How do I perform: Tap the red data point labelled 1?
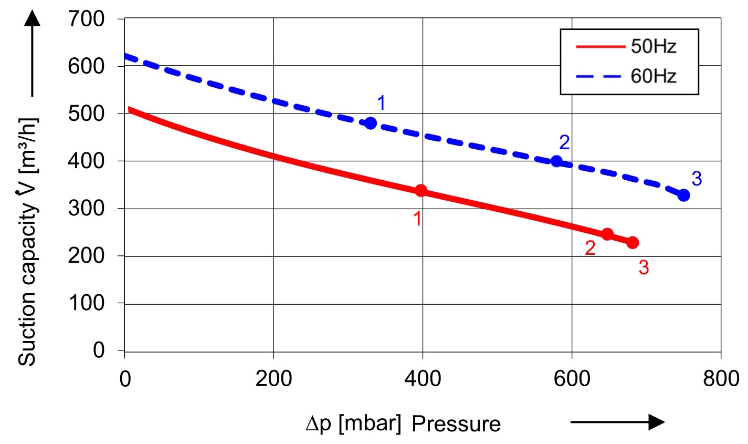pos(421,190)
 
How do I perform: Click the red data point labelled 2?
pos(607,234)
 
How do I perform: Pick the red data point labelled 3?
pos(633,242)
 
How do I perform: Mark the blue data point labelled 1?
pos(371,123)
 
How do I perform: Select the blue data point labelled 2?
pos(557,161)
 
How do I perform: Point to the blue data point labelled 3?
pos(683,195)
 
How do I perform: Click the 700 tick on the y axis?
pos(87,19)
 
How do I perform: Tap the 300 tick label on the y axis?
pos(87,209)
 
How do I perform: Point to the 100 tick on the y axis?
pos(87,303)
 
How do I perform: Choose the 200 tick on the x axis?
pos(273,378)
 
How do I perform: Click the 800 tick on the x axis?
pos(721,378)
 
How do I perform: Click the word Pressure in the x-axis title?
pos(456,424)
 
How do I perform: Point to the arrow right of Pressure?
pos(617,422)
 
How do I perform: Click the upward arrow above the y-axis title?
pos(32,53)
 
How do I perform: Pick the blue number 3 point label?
pos(697,179)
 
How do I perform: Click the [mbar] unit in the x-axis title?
pos(370,424)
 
